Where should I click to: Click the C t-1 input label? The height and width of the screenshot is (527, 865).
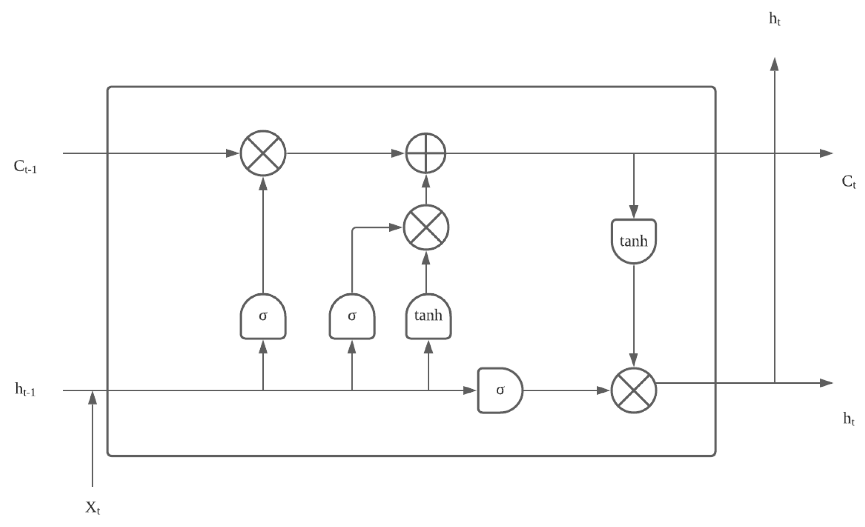coord(25,167)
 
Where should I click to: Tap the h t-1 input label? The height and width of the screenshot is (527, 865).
coord(25,389)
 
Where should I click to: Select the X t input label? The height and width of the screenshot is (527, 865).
coord(93,508)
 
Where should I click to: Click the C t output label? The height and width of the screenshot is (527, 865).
coord(849,182)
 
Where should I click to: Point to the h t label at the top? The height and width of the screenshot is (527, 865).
coord(775,19)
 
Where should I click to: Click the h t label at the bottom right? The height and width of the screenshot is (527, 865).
coord(849,419)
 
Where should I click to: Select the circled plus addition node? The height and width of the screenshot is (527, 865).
coord(426,153)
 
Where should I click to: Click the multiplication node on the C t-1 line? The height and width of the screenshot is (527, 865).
coord(263,153)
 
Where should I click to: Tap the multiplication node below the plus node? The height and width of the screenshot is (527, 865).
coord(426,227)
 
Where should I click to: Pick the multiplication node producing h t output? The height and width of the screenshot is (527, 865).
coord(633,390)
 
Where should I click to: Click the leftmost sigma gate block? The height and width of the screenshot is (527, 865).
coord(263,316)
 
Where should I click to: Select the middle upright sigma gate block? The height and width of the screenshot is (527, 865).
coord(352,316)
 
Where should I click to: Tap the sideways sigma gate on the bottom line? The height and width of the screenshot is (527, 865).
coord(500,390)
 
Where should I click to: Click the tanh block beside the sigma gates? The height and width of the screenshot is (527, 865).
coord(428,316)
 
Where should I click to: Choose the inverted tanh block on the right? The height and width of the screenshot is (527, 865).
coord(633,241)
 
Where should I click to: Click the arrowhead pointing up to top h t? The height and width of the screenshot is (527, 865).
coord(775,64)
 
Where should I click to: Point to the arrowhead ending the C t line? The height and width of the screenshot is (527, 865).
coord(826,153)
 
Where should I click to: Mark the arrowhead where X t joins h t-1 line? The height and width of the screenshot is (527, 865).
coord(93,398)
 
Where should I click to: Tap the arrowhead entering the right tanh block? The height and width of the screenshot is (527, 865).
coord(633,211)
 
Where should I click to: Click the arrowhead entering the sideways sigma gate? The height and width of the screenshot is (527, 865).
coord(469,390)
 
